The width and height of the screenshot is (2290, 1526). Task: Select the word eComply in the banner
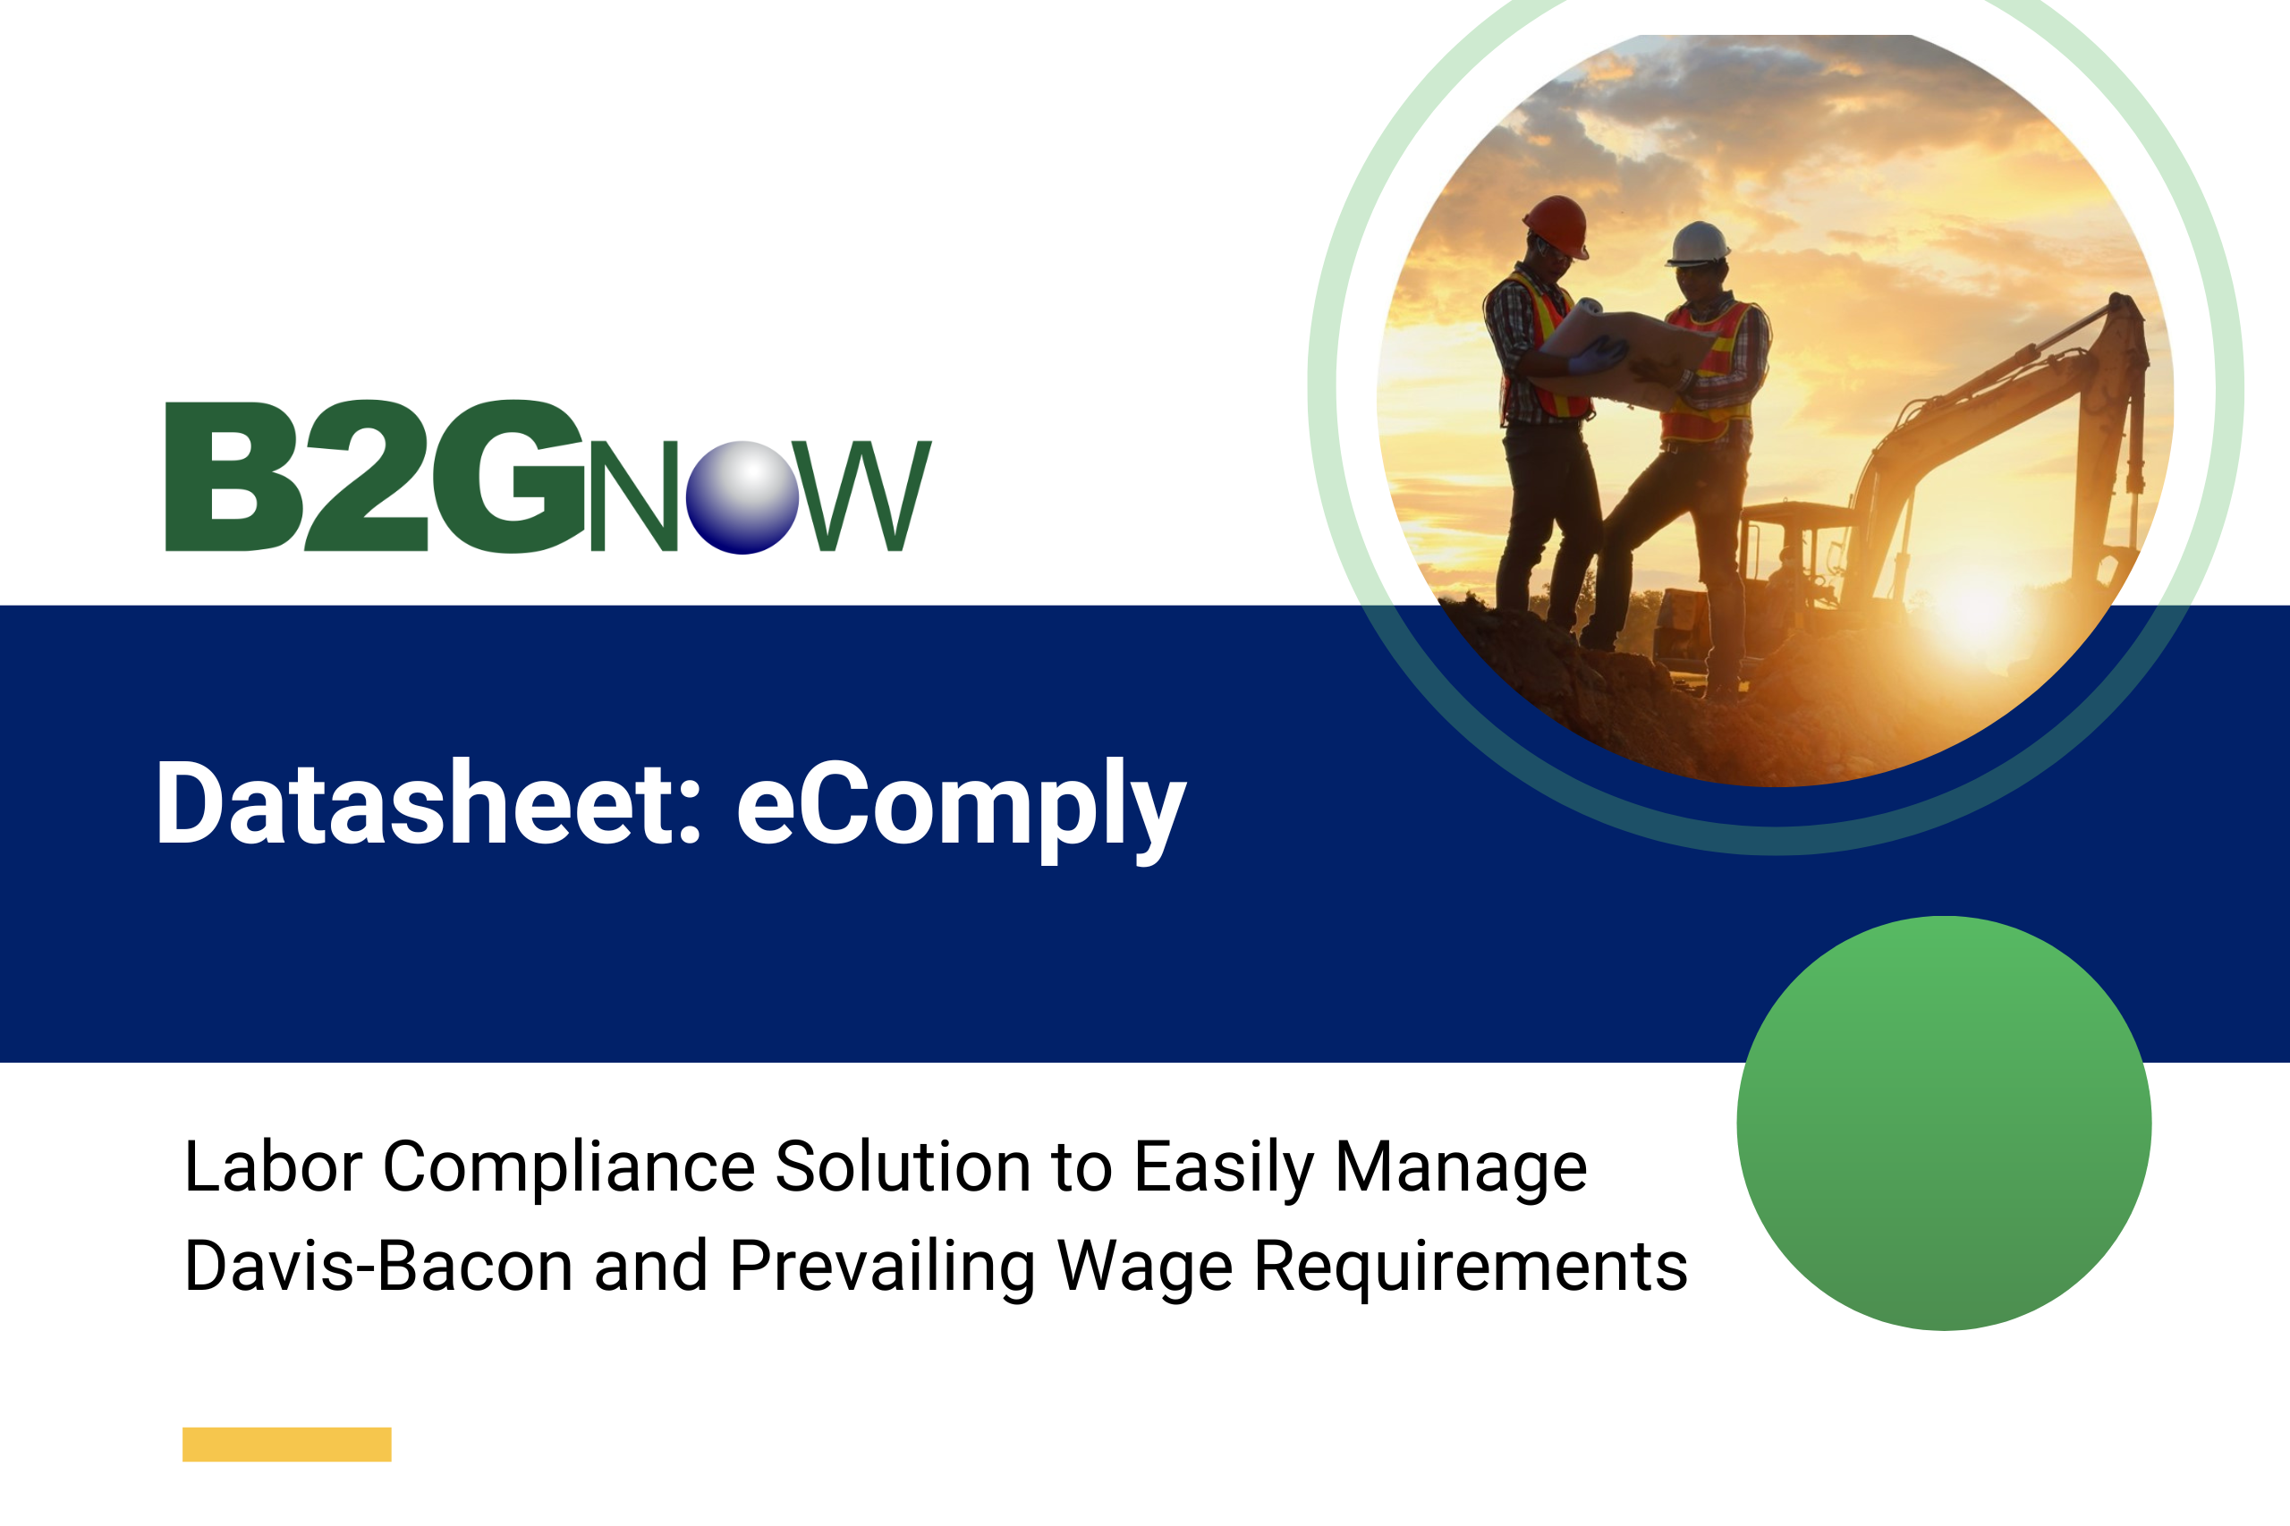coord(962,810)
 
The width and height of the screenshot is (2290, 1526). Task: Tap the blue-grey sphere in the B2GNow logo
coord(742,497)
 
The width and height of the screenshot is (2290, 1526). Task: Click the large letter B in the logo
coord(234,477)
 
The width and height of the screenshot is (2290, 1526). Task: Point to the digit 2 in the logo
coord(367,476)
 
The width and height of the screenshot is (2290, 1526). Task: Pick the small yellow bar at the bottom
coord(287,1444)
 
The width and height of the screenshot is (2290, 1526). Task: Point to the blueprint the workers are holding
coord(1625,352)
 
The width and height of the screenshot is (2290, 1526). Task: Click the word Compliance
coord(568,1168)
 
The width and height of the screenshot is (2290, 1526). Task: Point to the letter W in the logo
coord(861,496)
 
